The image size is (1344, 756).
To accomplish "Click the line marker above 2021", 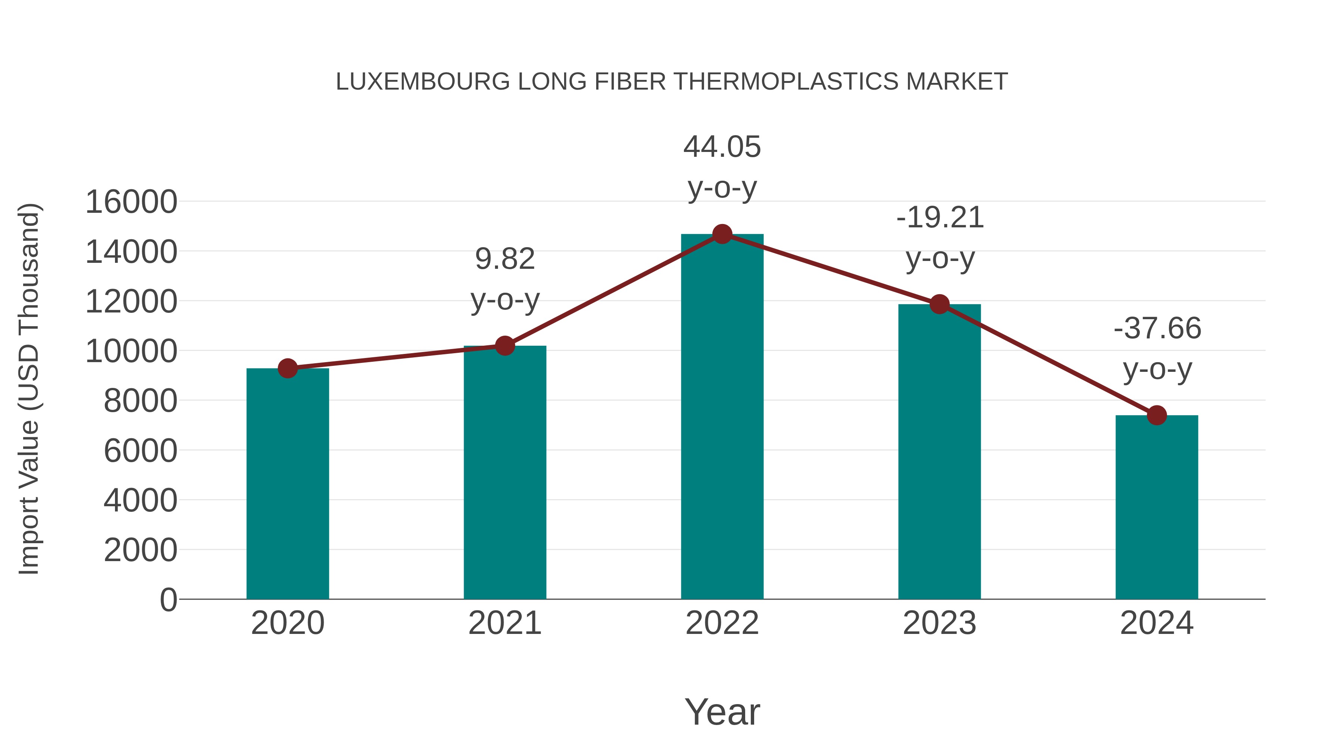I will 504,345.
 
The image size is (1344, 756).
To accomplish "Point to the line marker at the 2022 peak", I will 722,234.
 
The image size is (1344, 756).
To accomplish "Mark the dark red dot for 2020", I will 287,368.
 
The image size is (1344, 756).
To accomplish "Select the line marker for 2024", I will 1157,415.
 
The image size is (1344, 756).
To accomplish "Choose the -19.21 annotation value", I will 940,218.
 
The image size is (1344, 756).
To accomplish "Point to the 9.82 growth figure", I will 504,259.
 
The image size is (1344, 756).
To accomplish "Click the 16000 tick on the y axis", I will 131,202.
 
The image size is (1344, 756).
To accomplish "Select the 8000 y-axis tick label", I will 140,401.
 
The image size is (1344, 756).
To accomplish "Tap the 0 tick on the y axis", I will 168,600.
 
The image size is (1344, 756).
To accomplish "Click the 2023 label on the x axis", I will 939,623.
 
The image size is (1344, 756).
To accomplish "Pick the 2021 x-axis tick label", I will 504,623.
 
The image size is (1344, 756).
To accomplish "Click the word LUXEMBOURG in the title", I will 423,82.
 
